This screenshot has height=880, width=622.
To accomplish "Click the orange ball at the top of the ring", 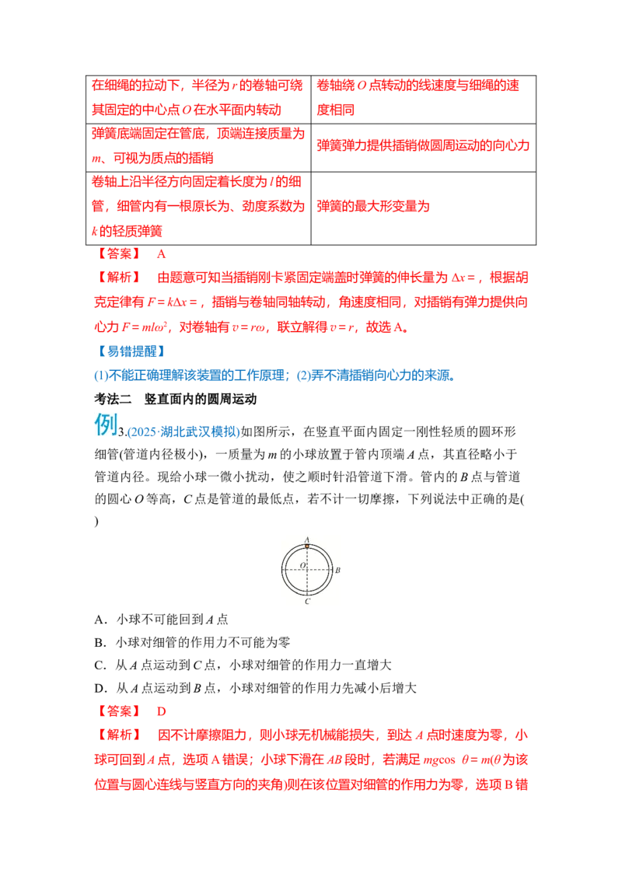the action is tap(307, 546).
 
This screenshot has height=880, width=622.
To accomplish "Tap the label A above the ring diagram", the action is tap(307, 540).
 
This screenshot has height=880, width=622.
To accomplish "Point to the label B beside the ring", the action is tap(338, 570).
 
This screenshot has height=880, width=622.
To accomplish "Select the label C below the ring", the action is tap(307, 601).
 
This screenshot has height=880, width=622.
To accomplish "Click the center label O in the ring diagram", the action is tap(302, 565).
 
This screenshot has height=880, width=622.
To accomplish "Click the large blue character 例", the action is tap(106, 424).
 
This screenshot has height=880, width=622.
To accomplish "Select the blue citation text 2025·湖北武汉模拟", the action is tap(183, 431).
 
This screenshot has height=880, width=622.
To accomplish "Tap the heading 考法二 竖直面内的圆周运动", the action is tap(175, 399).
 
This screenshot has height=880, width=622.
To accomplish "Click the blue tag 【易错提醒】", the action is tap(131, 351).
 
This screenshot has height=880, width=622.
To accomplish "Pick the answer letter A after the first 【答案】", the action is tap(161, 254).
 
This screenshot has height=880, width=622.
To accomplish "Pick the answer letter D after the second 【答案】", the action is tap(161, 711).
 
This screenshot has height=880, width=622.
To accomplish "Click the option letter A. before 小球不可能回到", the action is tap(100, 620).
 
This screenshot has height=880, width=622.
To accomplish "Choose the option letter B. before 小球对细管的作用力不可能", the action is tap(100, 643).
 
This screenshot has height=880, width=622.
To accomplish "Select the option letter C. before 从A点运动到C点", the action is tap(100, 665).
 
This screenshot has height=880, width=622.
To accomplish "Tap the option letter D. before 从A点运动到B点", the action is tap(100, 689).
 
